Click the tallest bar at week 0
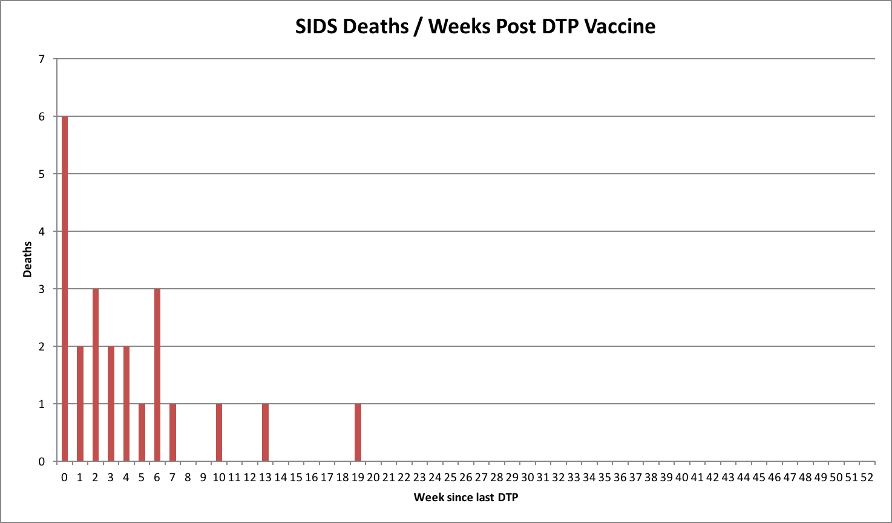click(65, 288)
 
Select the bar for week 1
click(80, 403)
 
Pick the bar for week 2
click(96, 375)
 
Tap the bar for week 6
click(157, 375)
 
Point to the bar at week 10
click(219, 432)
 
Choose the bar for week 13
click(265, 432)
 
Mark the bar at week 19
click(358, 432)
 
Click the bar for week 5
click(142, 432)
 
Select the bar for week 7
click(172, 432)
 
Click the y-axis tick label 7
click(42, 59)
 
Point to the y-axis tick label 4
click(42, 232)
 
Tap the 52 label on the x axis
click(867, 478)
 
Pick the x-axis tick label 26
click(465, 478)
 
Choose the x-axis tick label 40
click(681, 478)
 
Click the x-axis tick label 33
click(574, 478)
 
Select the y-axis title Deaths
click(27, 260)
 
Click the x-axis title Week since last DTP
click(465, 498)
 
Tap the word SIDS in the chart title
click(316, 27)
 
